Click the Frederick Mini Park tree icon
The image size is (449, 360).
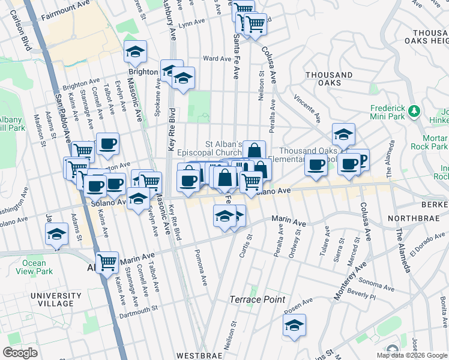click(414, 111)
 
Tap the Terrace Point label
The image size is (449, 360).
click(258, 299)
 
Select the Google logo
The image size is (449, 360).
click(20, 352)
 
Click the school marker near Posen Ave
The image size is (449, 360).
click(294, 325)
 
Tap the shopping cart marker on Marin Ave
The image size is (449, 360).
click(107, 262)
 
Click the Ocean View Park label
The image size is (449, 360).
click(34, 267)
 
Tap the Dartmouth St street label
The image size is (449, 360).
click(137, 310)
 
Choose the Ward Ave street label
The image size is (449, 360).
click(217, 59)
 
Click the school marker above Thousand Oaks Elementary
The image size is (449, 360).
click(343, 135)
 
